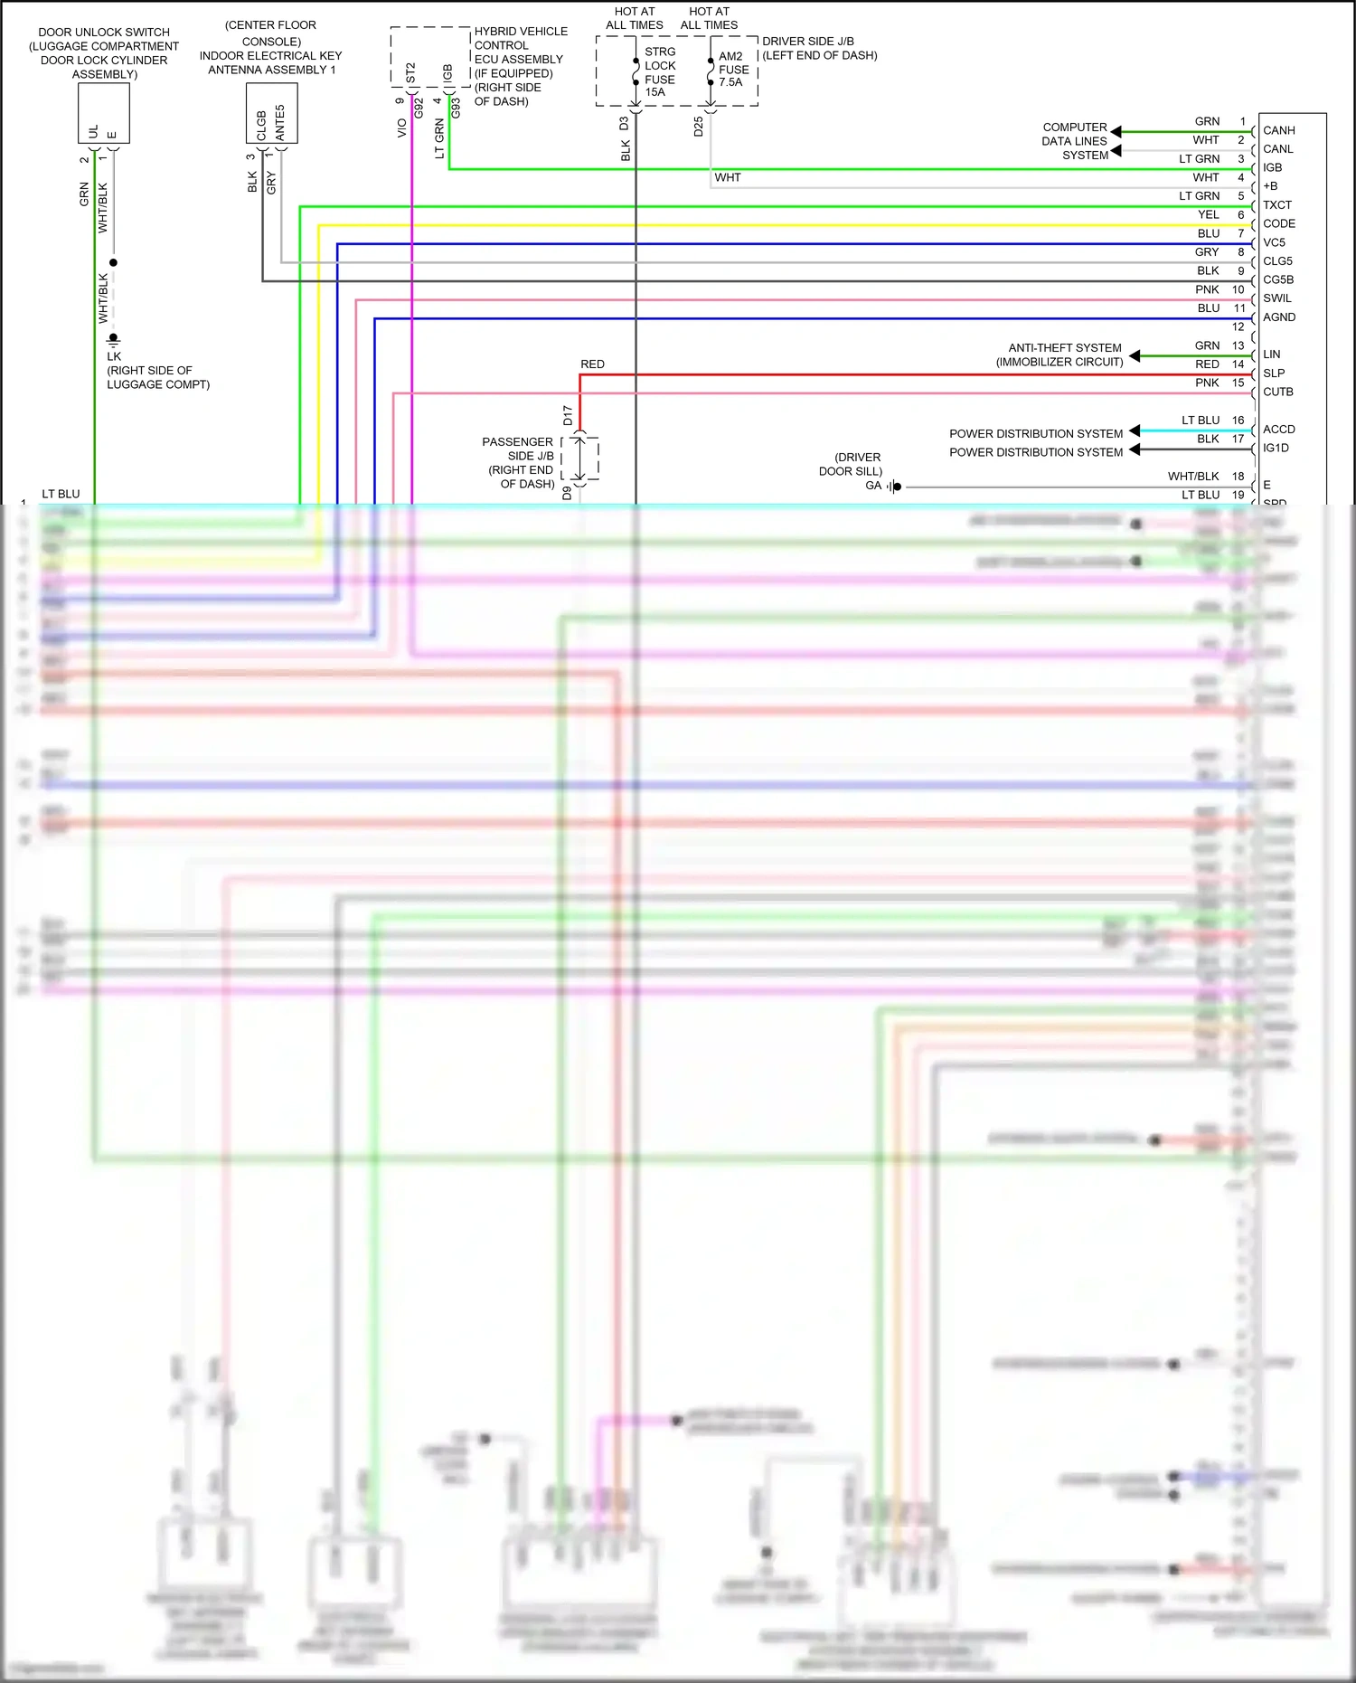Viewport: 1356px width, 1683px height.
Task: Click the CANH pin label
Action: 1278,130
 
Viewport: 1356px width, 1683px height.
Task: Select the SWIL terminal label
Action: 1276,298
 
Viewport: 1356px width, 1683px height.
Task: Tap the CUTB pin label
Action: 1277,392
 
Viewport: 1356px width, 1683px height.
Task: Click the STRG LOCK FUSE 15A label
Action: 659,72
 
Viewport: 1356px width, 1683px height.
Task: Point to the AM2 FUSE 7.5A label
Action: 733,69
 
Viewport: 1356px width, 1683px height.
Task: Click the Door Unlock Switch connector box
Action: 104,113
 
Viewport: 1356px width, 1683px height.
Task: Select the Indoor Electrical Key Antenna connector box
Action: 271,113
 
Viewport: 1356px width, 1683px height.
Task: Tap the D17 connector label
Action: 568,415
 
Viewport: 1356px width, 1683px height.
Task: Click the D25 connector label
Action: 698,127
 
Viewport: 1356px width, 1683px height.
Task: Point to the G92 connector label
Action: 419,109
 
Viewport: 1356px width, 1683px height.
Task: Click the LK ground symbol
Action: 113,339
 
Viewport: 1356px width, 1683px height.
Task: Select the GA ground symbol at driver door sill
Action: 894,487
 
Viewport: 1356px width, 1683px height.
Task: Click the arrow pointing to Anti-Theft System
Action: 1135,355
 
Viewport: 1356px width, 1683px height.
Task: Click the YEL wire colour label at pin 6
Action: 1208,214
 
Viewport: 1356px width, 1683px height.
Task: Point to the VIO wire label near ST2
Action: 401,128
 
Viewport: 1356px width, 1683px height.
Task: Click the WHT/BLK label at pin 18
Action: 1193,476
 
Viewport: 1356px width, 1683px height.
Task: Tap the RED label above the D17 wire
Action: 592,364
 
